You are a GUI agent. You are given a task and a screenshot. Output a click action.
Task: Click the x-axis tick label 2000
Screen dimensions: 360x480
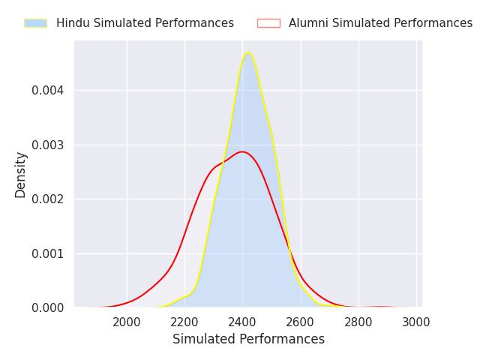coord(127,322)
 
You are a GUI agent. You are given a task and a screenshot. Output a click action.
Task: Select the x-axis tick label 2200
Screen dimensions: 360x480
coord(184,322)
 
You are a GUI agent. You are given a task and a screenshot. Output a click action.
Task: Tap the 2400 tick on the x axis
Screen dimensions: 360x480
coord(242,322)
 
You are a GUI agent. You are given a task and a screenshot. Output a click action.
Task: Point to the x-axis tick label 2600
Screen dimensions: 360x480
coord(301,322)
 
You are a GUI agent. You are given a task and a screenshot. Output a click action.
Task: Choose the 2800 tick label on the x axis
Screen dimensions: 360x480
coord(358,322)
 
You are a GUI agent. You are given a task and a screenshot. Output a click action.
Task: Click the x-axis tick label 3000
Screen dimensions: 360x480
coord(416,322)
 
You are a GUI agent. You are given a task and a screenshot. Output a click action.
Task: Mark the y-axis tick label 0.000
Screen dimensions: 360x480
coord(48,307)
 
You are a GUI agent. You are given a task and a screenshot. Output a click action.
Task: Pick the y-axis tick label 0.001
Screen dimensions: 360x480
coord(48,253)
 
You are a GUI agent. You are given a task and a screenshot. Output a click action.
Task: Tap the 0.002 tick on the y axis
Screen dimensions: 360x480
coord(48,199)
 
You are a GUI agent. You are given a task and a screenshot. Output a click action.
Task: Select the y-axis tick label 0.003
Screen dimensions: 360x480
coord(48,145)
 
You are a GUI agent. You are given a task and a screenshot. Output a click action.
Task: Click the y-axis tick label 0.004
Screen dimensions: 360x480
coord(48,91)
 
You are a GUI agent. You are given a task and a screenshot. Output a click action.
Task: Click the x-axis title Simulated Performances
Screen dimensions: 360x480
coord(248,339)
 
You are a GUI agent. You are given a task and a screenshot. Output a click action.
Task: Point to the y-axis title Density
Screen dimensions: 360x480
coord(21,175)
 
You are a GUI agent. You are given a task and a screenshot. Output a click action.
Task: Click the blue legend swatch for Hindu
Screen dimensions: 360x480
coord(35,23)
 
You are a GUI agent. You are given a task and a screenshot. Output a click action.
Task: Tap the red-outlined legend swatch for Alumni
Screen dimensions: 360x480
coord(268,23)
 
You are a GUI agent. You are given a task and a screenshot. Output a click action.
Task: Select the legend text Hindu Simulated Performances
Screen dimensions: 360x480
coord(145,23)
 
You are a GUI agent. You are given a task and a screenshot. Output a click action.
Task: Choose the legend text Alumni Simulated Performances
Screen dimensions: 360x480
coord(380,23)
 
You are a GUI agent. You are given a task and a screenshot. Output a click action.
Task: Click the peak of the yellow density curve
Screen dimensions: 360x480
coord(247,52)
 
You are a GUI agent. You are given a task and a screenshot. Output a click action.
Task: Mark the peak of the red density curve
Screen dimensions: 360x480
coord(241,151)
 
